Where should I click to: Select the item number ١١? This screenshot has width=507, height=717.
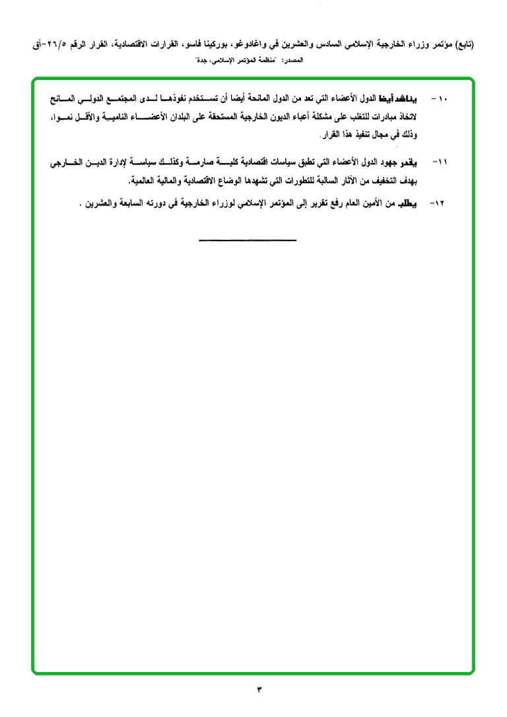[440, 162]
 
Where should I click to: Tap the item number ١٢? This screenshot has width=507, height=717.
[437, 204]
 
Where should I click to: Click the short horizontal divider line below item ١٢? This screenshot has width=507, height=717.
[248, 239]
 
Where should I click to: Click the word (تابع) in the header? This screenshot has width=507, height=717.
[485, 46]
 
